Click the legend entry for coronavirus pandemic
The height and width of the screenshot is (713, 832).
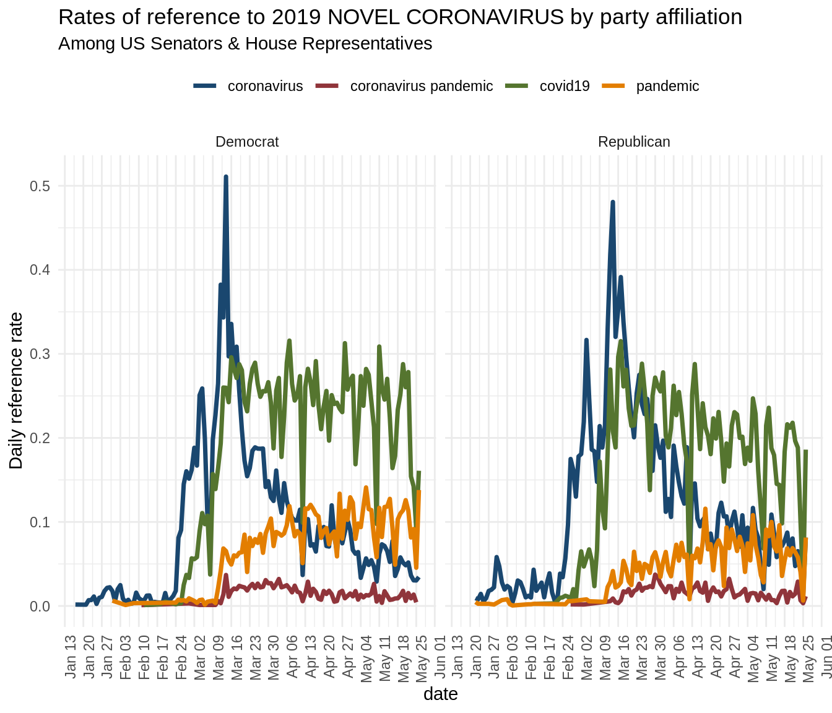421,86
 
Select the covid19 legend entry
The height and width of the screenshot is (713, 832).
564,86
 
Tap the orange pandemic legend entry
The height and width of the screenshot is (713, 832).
667,86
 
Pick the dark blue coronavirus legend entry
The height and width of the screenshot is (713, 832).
265,86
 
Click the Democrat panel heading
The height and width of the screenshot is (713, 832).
247,142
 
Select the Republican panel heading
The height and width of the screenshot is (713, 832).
634,142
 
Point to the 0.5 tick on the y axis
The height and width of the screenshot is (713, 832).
40,186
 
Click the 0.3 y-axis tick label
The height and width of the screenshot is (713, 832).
40,354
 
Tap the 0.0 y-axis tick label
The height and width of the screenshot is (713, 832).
40,606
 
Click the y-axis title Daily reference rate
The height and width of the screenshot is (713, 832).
16,391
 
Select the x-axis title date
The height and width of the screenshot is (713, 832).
441,694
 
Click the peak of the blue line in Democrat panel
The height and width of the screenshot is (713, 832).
226,177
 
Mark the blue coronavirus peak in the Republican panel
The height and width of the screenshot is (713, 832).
613,202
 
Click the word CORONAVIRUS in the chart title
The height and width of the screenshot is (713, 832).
446,17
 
